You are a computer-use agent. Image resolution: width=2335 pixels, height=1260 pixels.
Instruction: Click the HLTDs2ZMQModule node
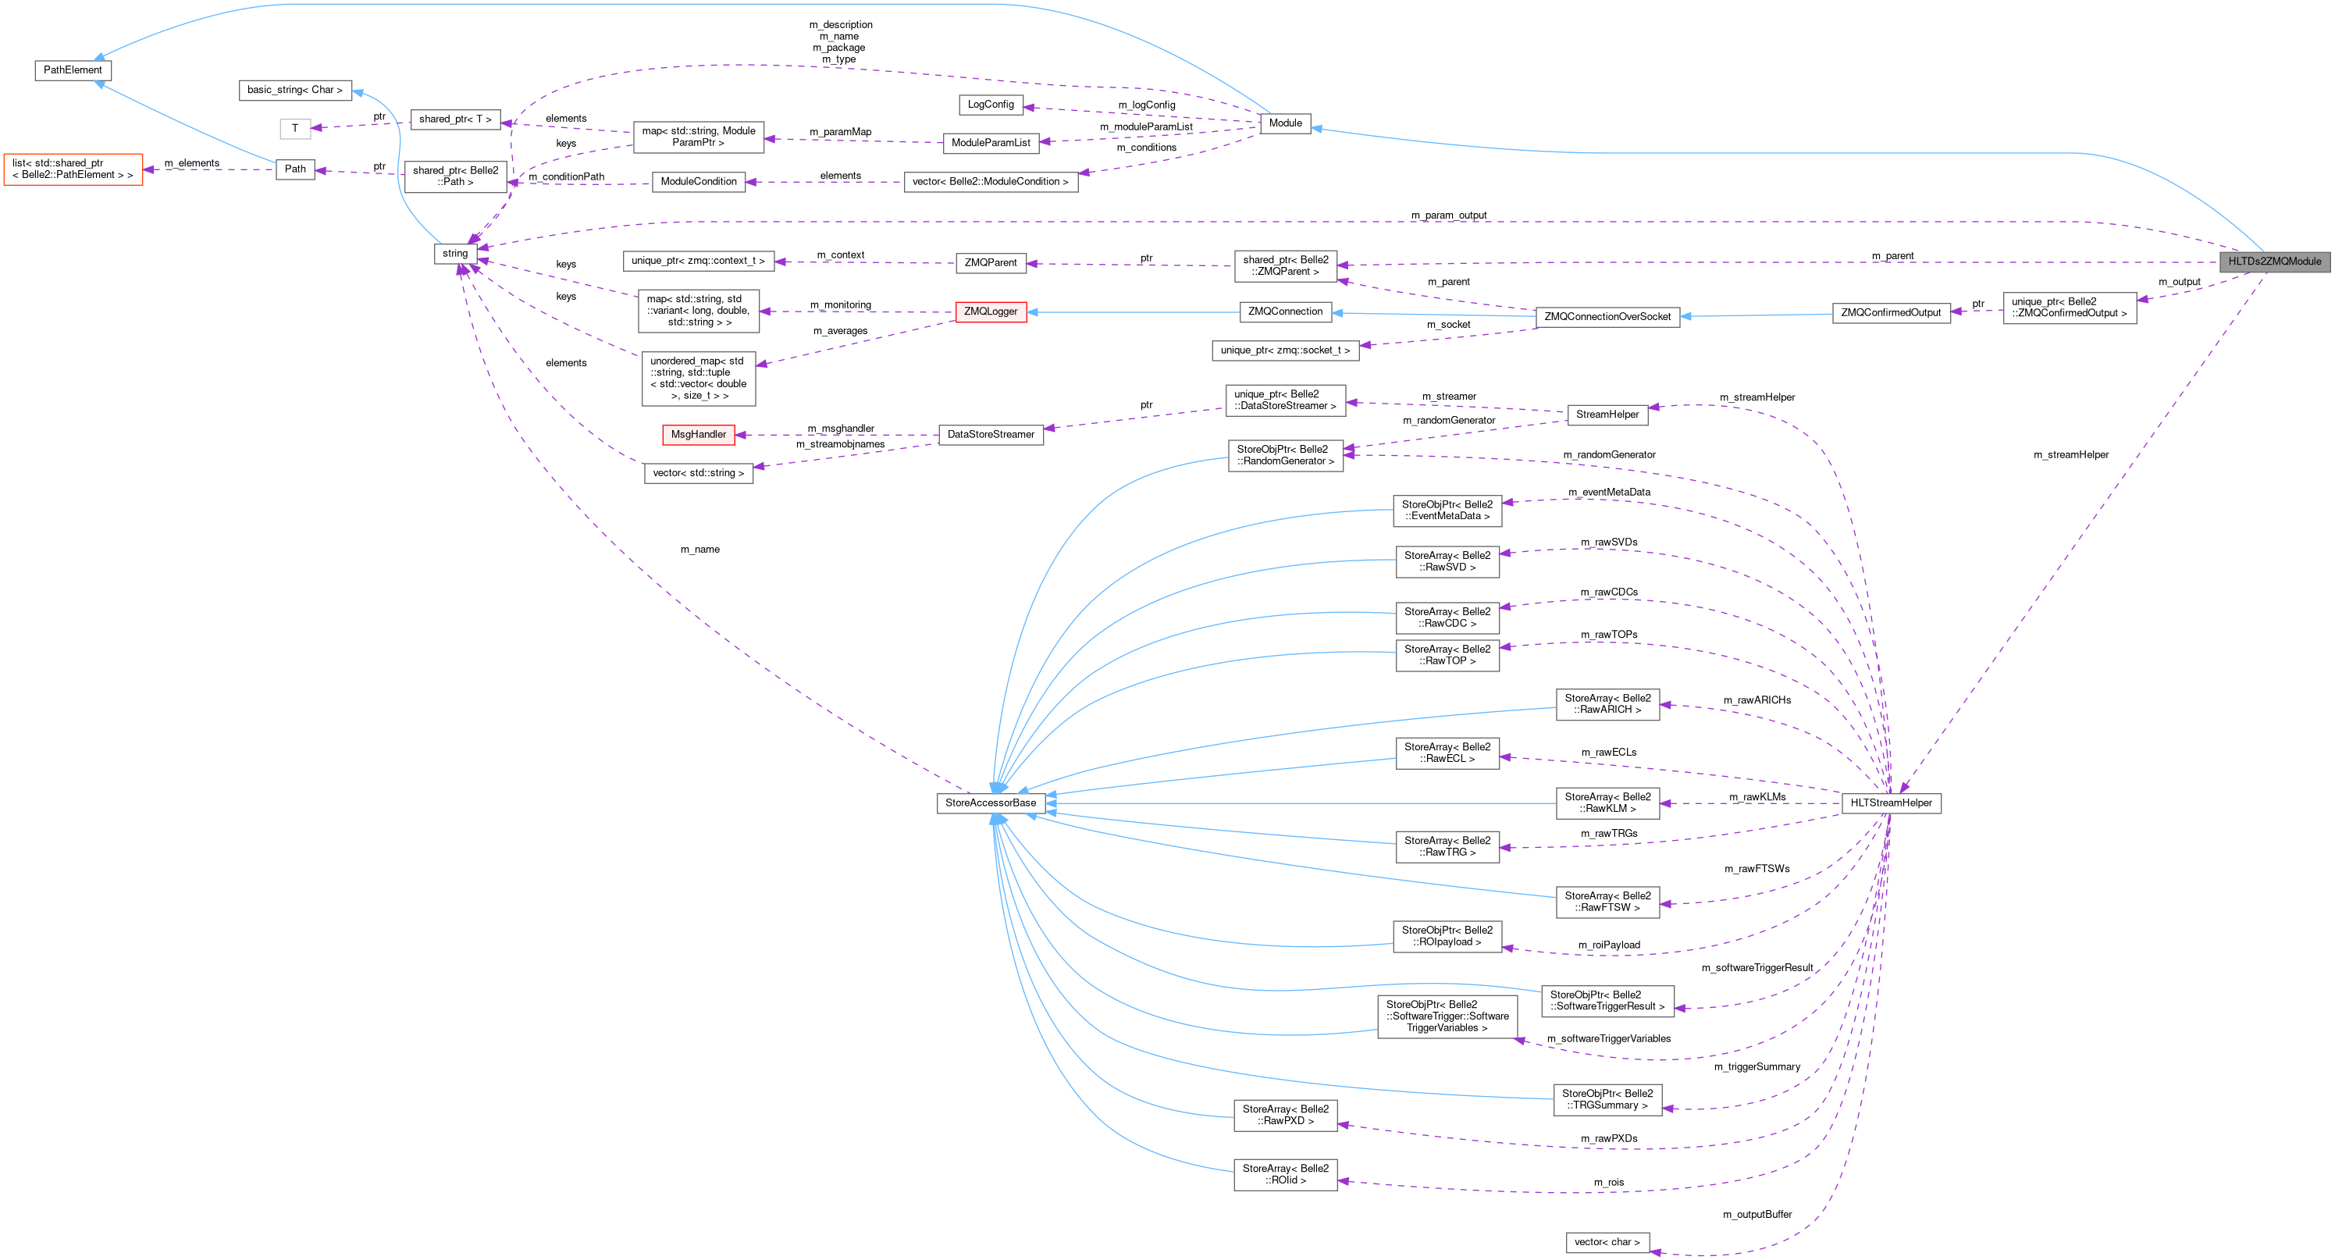pyautogui.click(x=2274, y=261)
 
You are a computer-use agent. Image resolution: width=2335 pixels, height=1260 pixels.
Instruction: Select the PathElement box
pyautogui.click(x=73, y=69)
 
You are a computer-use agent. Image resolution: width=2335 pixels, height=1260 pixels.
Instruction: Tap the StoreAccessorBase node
pyautogui.click(x=990, y=803)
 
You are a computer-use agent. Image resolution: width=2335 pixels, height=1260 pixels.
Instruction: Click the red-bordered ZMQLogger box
pyautogui.click(x=990, y=311)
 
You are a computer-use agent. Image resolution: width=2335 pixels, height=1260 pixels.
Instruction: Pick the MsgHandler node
pyautogui.click(x=698, y=434)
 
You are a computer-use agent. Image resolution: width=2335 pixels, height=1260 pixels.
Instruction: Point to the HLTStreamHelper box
pyautogui.click(x=1891, y=803)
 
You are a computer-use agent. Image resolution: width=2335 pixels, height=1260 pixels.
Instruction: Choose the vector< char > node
pyautogui.click(x=1606, y=1242)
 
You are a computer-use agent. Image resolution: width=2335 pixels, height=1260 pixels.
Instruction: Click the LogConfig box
pyautogui.click(x=990, y=105)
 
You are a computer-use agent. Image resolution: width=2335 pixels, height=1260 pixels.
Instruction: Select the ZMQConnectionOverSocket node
pyautogui.click(x=1606, y=316)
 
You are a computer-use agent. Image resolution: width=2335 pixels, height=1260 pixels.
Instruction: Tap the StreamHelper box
pyautogui.click(x=1606, y=415)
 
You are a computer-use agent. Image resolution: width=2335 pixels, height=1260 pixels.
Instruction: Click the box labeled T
pyautogui.click(x=294, y=128)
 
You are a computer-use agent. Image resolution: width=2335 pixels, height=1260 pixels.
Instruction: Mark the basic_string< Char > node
pyautogui.click(x=294, y=90)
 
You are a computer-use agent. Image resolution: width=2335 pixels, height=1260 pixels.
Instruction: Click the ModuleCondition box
pyautogui.click(x=698, y=181)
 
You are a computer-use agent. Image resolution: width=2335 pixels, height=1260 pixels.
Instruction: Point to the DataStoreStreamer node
pyautogui.click(x=990, y=434)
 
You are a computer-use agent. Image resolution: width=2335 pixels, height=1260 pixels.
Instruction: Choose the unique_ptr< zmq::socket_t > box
pyautogui.click(x=1284, y=350)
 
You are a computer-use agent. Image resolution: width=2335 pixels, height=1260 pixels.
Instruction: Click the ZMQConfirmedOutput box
pyautogui.click(x=1890, y=313)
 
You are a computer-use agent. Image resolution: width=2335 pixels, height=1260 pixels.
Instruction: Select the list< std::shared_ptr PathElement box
pyautogui.click(x=73, y=169)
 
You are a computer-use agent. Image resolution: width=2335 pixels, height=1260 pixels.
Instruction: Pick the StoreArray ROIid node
pyautogui.click(x=1284, y=1174)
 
